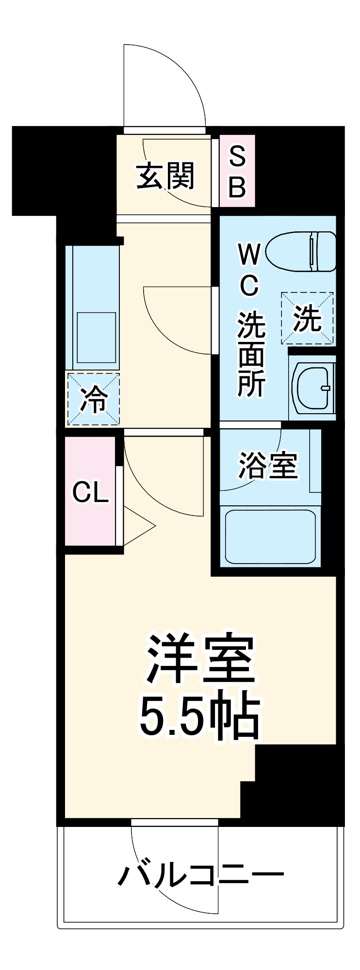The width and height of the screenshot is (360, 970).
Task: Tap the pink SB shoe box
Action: [x=237, y=171]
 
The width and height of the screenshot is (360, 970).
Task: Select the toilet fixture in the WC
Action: [x=302, y=251]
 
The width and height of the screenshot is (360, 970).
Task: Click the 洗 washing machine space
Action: [x=308, y=319]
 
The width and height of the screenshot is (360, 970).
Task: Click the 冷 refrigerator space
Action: [x=93, y=399]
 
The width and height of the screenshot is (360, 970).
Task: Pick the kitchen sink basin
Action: [x=97, y=338]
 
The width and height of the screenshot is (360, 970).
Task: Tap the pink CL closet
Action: [x=90, y=492]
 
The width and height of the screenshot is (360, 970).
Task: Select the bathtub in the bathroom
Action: [x=270, y=536]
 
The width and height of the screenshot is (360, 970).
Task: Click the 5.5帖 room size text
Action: [x=199, y=716]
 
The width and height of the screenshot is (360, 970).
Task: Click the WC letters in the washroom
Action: [x=249, y=270]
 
